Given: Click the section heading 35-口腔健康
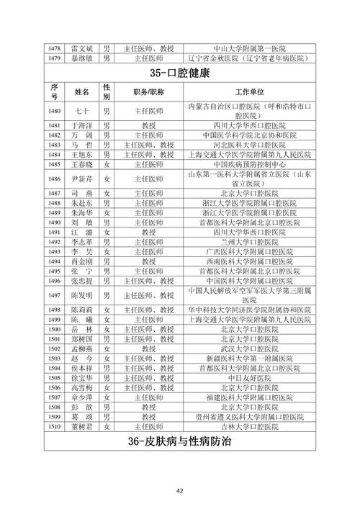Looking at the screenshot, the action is pos(180,74).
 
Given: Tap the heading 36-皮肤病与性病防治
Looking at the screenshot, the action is pos(180,441).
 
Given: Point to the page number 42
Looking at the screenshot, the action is pos(180,490).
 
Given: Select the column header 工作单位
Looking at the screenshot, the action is pos(246,94).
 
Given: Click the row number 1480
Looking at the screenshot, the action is pos(53,112).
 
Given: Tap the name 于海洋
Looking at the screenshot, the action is pos(81,125).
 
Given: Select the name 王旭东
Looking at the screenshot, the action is pos(81,155).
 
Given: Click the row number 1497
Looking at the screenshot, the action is pos(53,295).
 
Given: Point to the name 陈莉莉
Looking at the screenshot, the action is pos(81,310).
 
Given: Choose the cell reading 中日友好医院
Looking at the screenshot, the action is pos(246,377).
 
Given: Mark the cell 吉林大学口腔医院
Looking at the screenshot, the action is pos(246,426).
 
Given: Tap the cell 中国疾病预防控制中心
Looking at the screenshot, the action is pos(246,165).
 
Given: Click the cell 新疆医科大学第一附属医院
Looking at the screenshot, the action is pos(246,358).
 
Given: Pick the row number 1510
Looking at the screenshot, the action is pos(53,426).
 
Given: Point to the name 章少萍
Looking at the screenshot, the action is pos(81,397).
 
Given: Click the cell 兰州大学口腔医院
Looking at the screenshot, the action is pos(246,242).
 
